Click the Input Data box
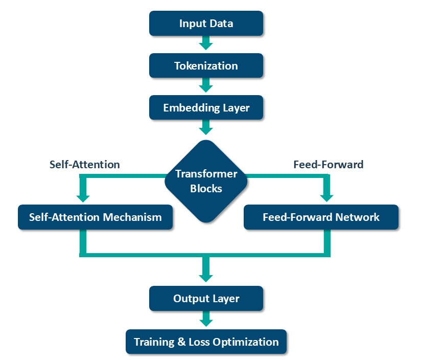click(x=206, y=24)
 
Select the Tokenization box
click(x=206, y=66)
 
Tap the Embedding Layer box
click(x=206, y=108)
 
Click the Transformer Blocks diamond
click(x=206, y=181)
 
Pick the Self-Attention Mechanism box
click(x=95, y=217)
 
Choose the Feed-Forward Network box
click(x=321, y=217)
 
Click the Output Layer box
click(x=206, y=299)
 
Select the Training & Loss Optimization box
click(x=206, y=342)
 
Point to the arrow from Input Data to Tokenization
click(x=206, y=43)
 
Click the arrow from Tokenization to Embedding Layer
click(x=206, y=85)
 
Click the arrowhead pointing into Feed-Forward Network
click(x=325, y=196)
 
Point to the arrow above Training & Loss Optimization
click(x=206, y=320)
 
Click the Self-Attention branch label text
click(x=85, y=165)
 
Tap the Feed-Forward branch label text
click(x=329, y=165)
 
